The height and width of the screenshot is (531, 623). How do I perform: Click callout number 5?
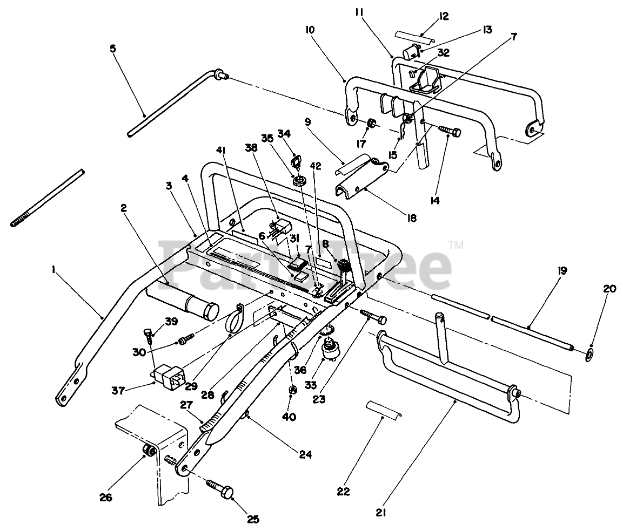tap(112, 49)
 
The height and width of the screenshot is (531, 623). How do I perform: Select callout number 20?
tap(609, 289)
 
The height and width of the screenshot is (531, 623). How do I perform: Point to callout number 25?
tap(253, 519)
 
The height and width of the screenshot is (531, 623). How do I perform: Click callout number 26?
tap(105, 497)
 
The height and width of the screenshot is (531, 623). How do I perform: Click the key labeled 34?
tap(294, 160)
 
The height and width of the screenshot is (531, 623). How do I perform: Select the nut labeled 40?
tap(292, 390)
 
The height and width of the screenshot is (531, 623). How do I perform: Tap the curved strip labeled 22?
tap(381, 409)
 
